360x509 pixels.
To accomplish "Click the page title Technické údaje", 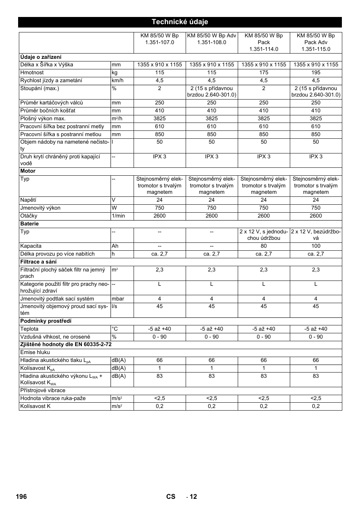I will tap(180, 22).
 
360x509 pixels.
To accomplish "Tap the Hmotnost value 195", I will tap(315, 72).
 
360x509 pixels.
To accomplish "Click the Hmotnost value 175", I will tap(263, 72).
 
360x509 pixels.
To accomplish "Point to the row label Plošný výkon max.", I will tap(43, 118).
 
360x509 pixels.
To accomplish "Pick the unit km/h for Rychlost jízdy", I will tap(117, 80).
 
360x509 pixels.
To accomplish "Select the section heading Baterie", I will tap(29, 224).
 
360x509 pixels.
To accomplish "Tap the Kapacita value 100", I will tap(315, 246).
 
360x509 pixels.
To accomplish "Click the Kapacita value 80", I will tap(263, 246).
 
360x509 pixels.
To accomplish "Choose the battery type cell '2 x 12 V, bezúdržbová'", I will tap(315, 235).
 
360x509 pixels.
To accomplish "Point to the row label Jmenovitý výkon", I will tap(40, 208).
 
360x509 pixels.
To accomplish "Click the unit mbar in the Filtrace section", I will tap(118, 299).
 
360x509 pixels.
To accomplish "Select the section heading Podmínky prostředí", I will tap(46, 321).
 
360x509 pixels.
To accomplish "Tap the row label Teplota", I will tap(29, 329).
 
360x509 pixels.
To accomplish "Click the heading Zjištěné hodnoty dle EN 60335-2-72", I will tap(66, 344).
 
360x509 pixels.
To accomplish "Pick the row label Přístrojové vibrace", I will tap(43, 390).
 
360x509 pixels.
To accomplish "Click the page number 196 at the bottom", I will tap(21, 497).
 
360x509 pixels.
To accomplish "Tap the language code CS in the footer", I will tap(171, 497).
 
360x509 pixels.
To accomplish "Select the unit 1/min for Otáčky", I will tap(118, 216).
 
